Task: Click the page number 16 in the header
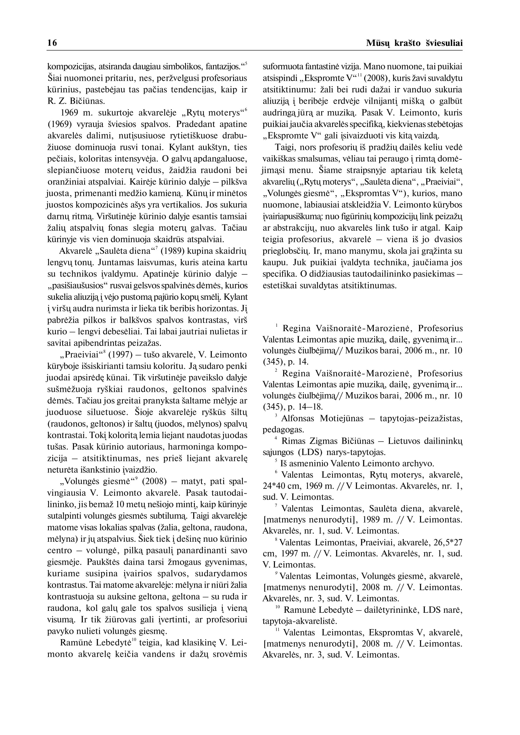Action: pyautogui.click(x=52, y=43)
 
